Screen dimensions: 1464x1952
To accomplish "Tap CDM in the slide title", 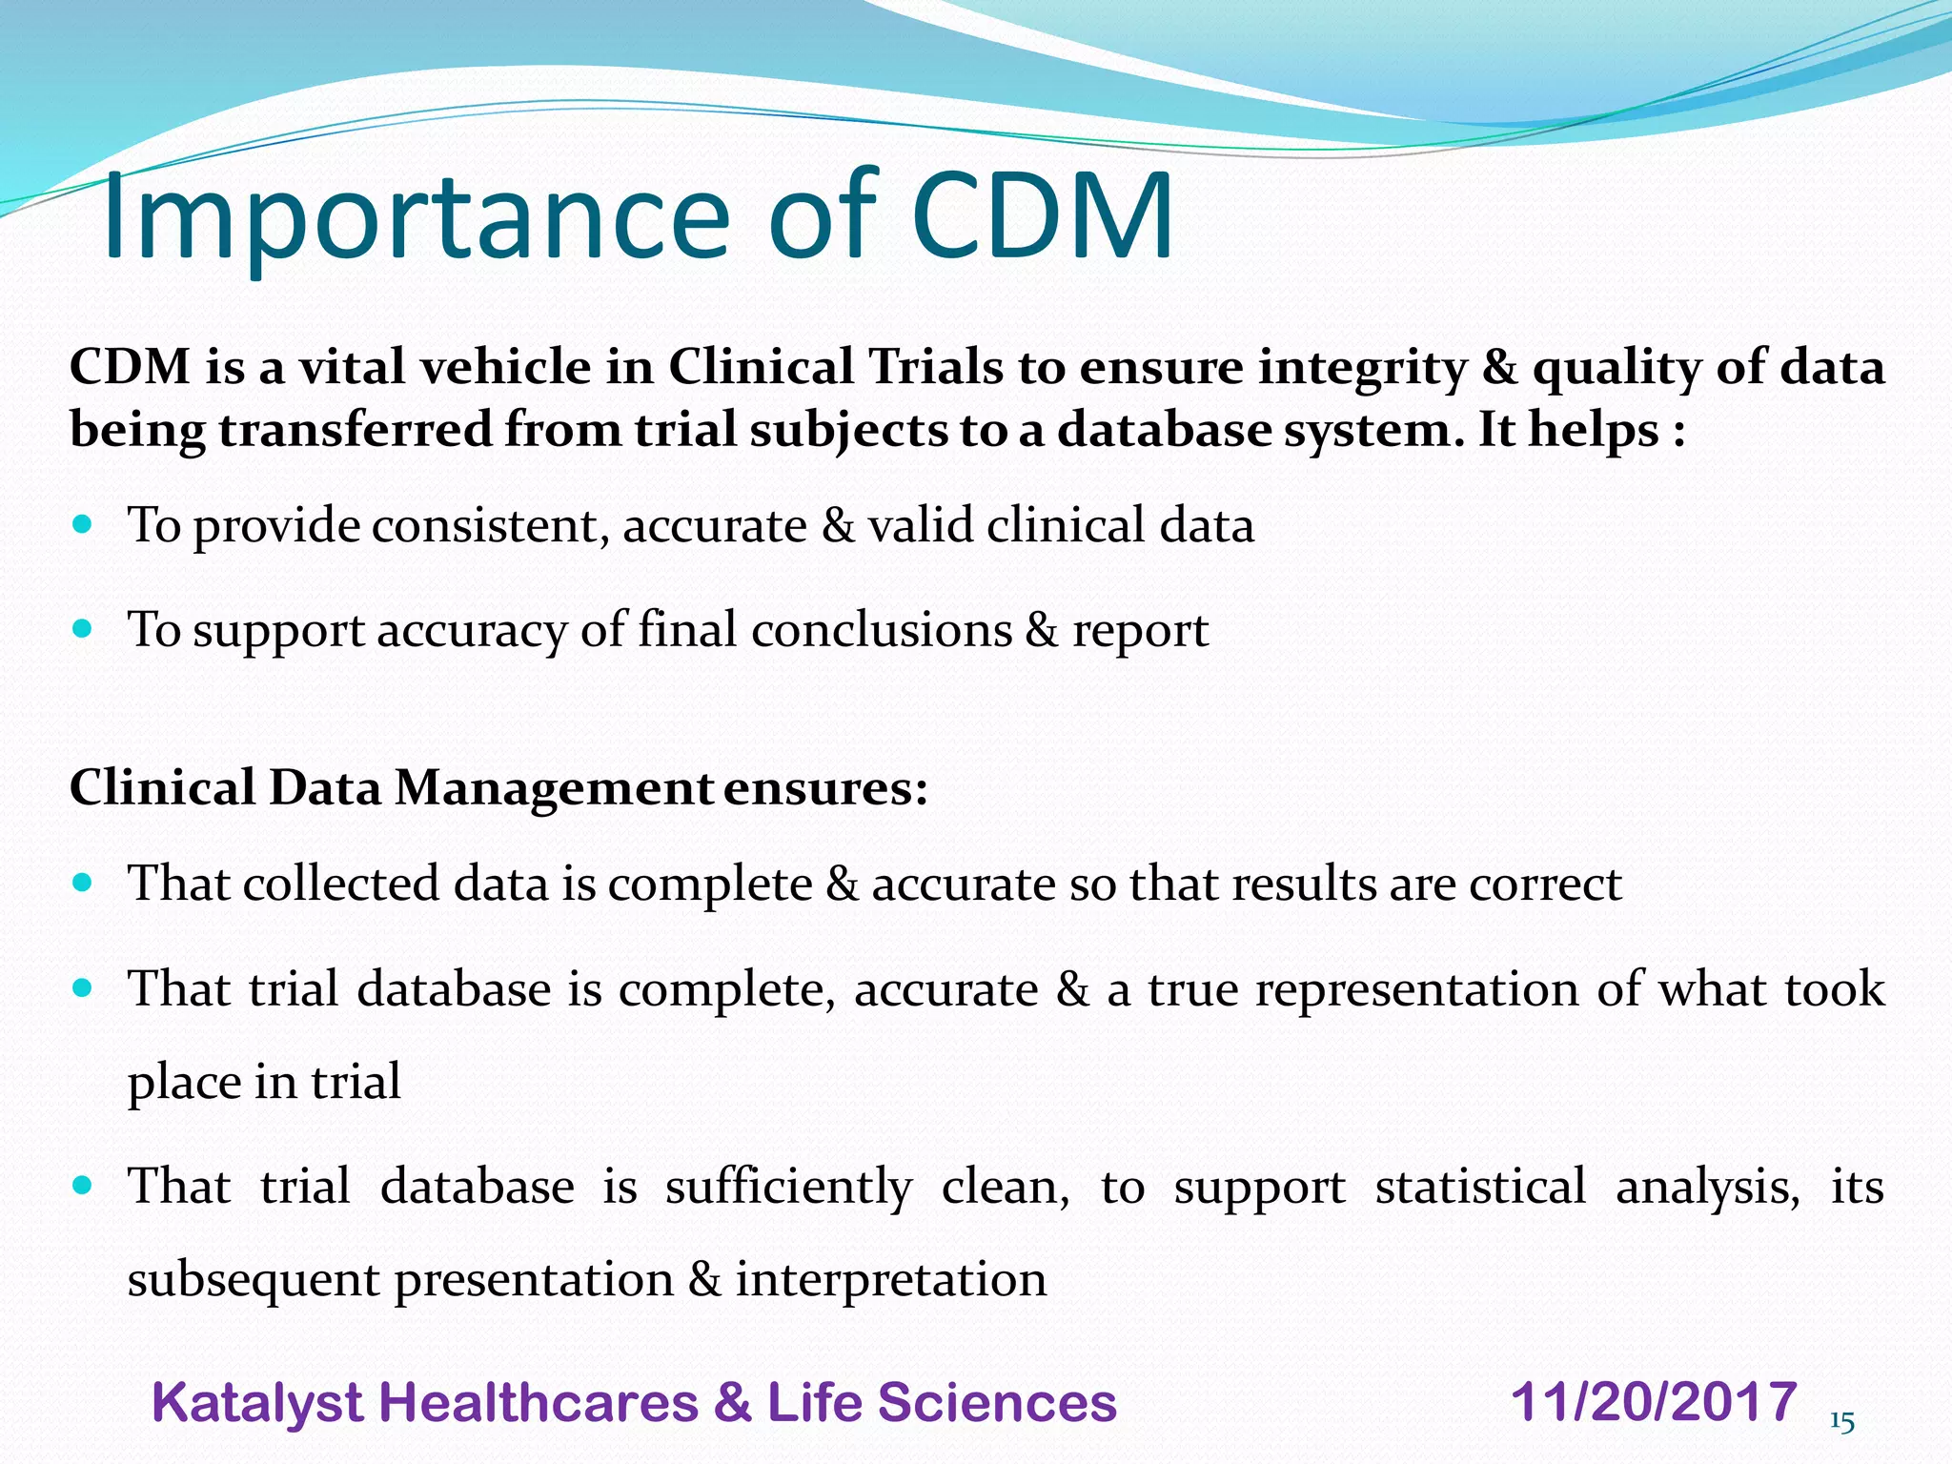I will pyautogui.click(x=1042, y=217).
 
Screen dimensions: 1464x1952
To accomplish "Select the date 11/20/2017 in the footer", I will pyautogui.click(x=1654, y=1402).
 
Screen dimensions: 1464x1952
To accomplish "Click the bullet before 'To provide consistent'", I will pyautogui.click(x=83, y=523).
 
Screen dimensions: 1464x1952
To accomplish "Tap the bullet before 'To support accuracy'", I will pyautogui.click(x=83, y=628).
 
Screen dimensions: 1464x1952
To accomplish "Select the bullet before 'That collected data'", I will pyautogui.click(x=83, y=882).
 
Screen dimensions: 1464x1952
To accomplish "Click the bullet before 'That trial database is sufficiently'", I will pyautogui.click(x=83, y=1185).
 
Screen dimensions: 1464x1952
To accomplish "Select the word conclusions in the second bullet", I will pyautogui.click(x=882, y=630).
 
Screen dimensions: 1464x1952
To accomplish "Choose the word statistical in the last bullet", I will pyautogui.click(x=1480, y=1187).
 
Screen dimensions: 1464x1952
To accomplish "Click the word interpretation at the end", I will pyautogui.click(x=890, y=1280).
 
